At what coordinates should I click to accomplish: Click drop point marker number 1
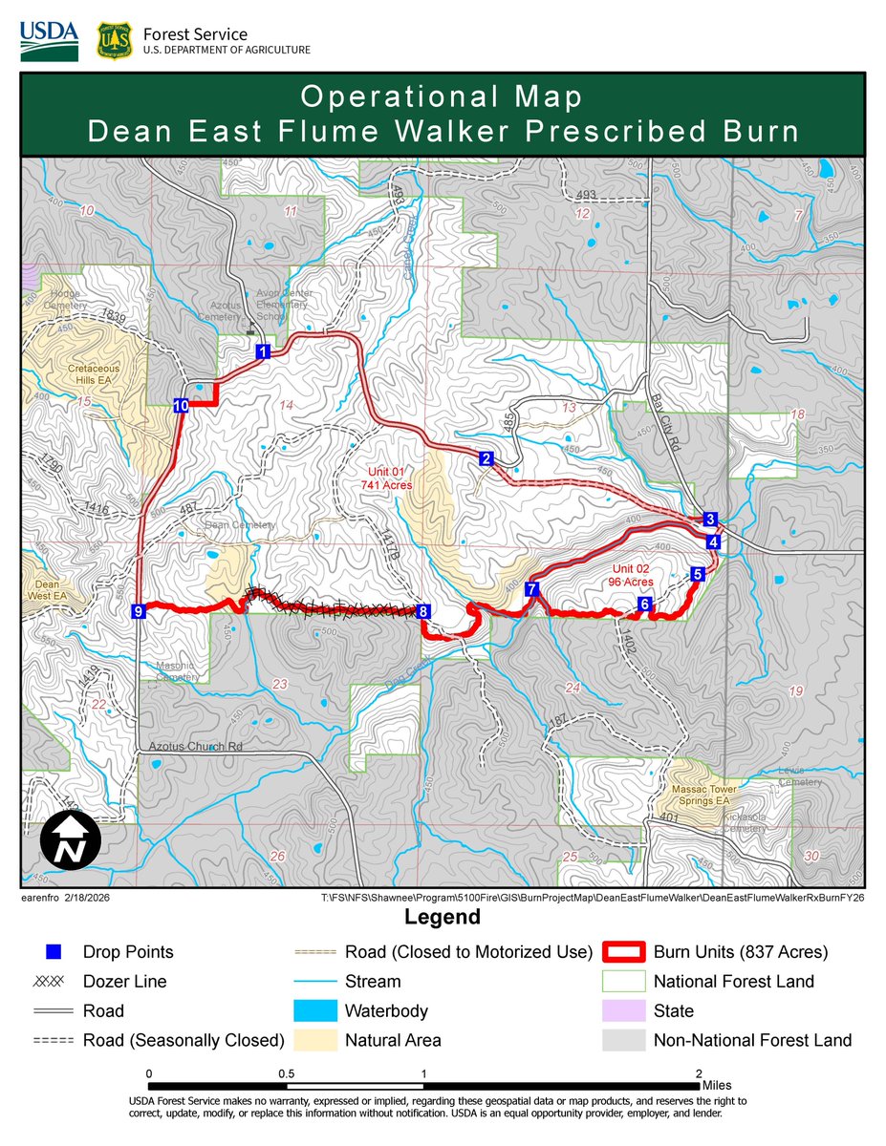point(261,352)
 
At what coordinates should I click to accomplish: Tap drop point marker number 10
point(182,405)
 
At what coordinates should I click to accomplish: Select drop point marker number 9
point(140,611)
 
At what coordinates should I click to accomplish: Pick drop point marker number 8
point(423,611)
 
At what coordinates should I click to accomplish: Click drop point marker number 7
point(532,588)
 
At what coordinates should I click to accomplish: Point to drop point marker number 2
point(486,459)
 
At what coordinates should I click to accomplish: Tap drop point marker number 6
point(645,604)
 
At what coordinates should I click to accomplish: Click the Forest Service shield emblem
point(114,41)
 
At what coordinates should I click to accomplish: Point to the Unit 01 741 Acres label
point(385,478)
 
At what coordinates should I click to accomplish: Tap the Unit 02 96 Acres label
point(631,574)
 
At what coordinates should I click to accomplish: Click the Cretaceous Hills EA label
point(94,373)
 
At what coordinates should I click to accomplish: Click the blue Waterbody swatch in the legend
point(312,1010)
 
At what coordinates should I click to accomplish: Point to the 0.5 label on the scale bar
point(286,1073)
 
